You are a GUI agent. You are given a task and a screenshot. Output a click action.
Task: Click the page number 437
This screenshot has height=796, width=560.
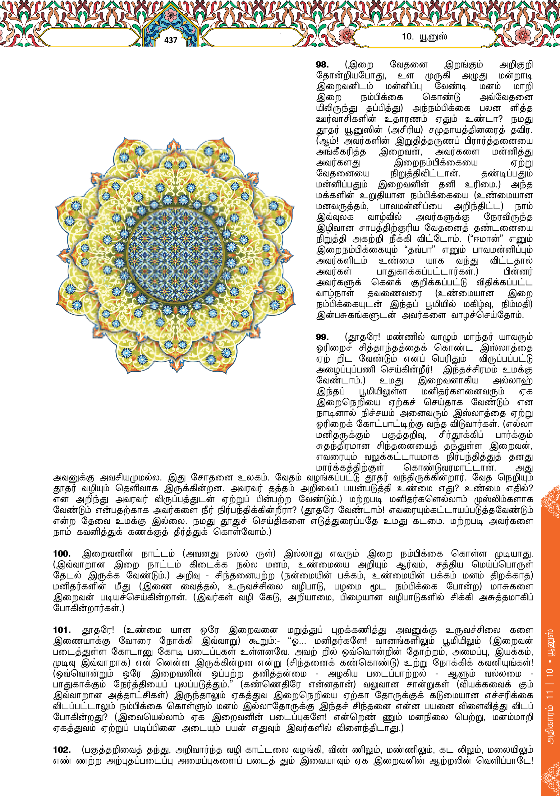[x=171, y=40]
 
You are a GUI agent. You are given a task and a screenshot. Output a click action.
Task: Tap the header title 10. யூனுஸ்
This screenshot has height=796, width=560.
[x=424, y=36]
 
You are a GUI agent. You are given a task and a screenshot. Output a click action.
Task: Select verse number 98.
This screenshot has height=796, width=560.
[x=322, y=65]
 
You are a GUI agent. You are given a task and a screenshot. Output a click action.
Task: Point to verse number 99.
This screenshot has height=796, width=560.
[x=322, y=337]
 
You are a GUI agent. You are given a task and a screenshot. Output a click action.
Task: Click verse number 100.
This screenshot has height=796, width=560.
[x=62, y=554]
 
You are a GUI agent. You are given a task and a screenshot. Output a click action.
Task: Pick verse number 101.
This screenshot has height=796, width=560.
[x=62, y=630]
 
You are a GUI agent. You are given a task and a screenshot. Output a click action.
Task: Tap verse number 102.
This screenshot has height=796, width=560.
[x=62, y=750]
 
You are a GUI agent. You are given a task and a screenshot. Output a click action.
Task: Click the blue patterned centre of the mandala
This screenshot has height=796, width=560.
[x=175, y=255]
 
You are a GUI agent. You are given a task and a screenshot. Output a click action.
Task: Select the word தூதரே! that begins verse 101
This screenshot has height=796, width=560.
[x=98, y=630]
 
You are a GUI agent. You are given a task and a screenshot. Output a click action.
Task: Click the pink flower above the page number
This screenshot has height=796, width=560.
[x=170, y=15]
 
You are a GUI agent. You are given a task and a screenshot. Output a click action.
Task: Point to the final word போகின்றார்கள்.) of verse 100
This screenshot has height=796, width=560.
[x=88, y=609]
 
